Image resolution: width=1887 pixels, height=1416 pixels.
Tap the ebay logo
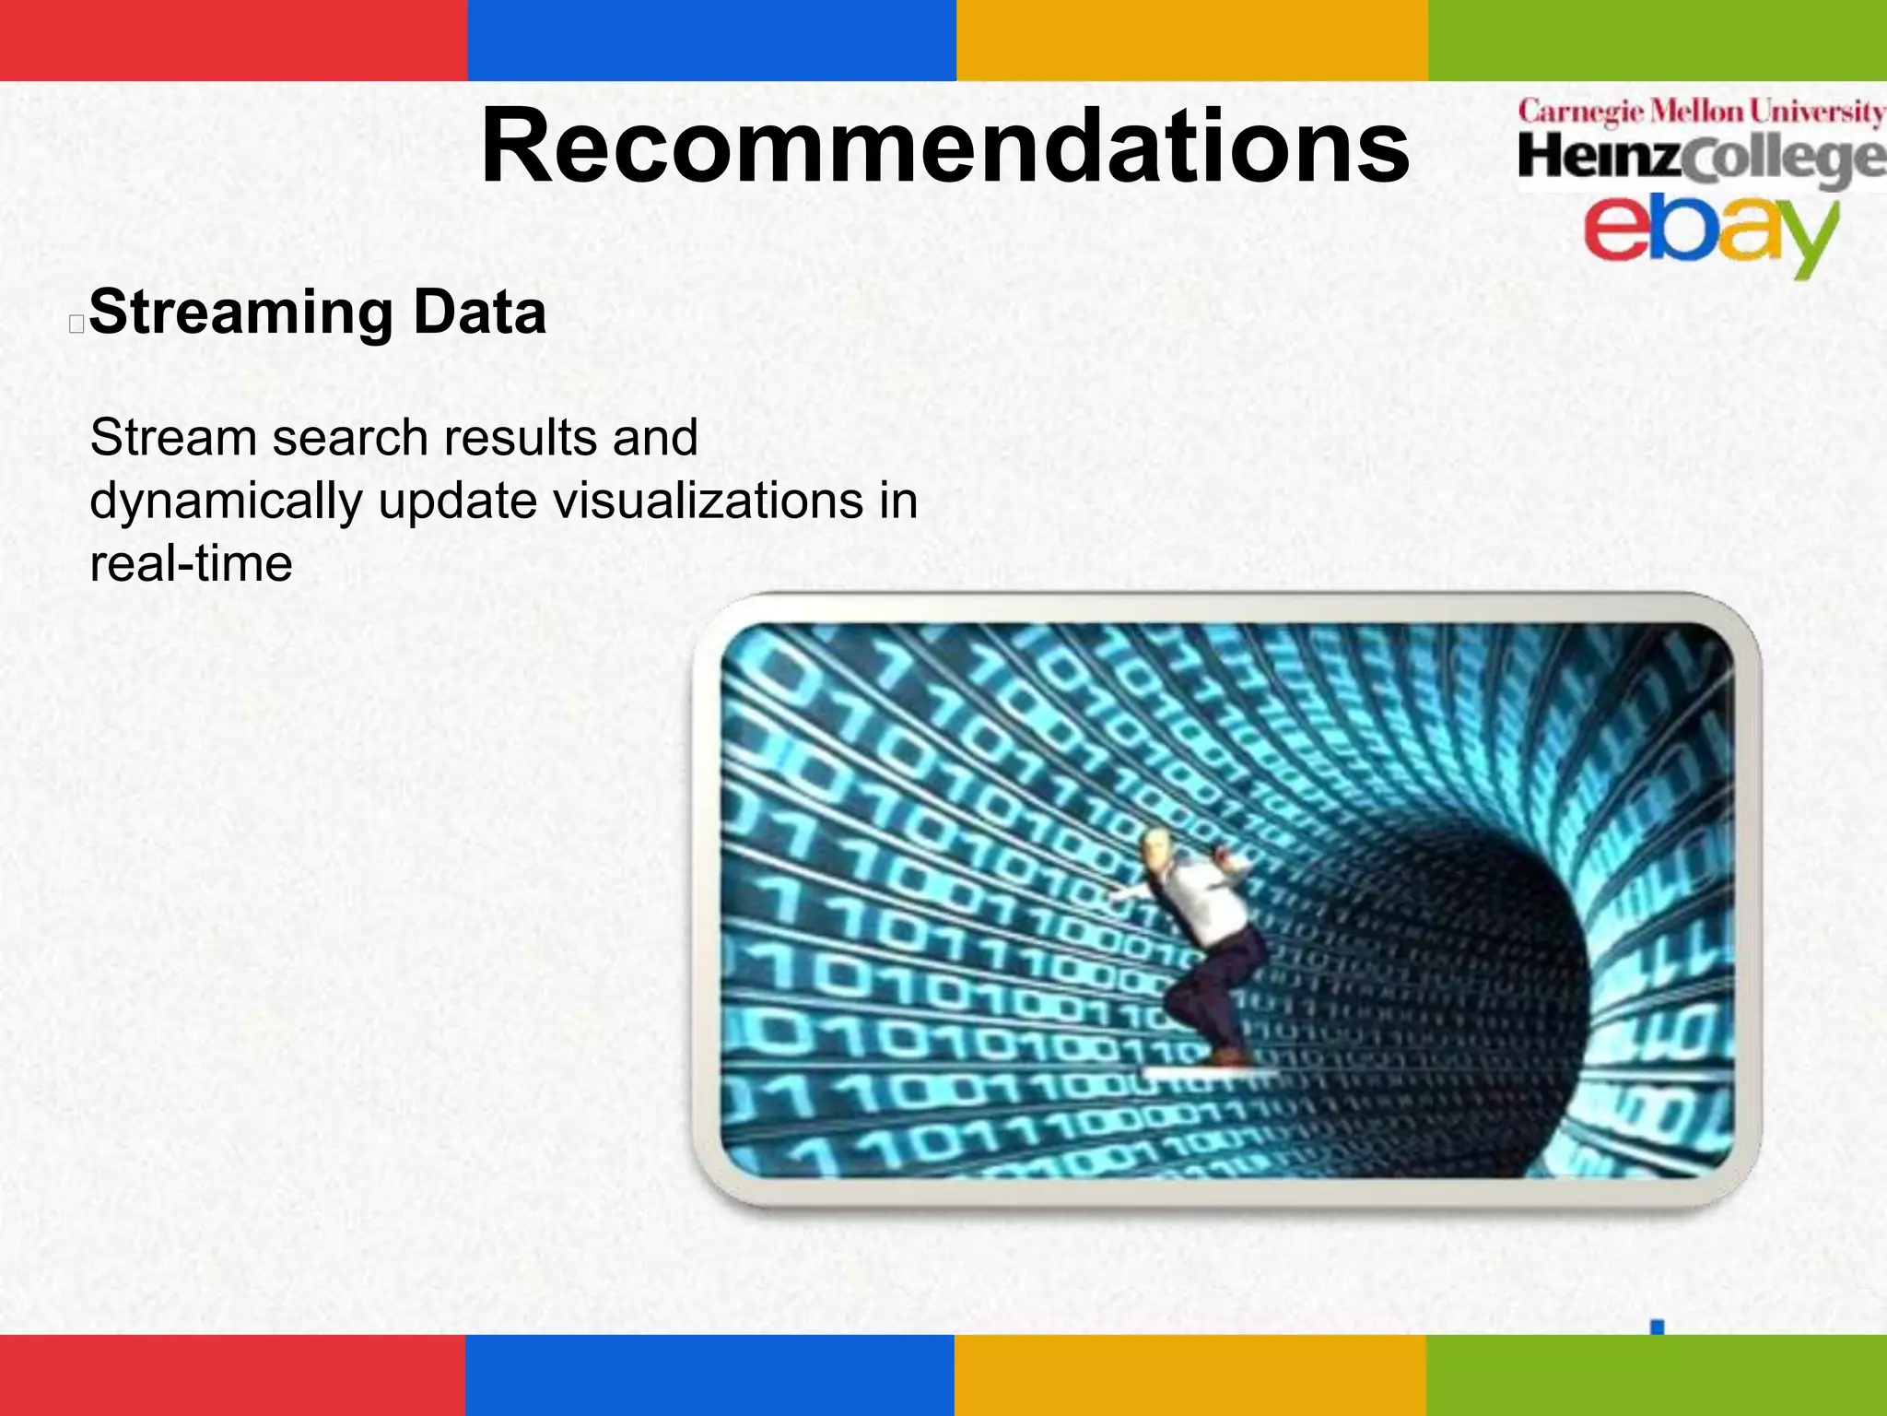click(x=1709, y=230)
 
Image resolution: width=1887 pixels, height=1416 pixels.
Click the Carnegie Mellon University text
click(x=1700, y=112)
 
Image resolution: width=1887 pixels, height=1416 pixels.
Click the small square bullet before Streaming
click(x=76, y=324)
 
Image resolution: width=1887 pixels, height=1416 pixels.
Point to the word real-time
click(x=191, y=563)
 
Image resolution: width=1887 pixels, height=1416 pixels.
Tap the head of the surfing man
click(x=1155, y=845)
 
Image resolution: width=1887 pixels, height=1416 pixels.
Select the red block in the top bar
click(x=233, y=40)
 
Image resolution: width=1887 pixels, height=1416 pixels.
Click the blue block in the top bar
click(x=711, y=40)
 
